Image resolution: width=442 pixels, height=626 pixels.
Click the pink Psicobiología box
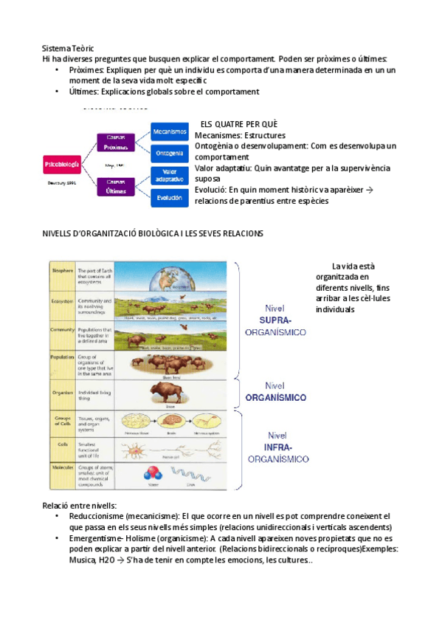tap(63, 165)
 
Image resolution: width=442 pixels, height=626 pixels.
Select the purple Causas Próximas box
tap(116, 141)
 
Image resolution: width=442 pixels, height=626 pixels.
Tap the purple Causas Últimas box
tap(116, 186)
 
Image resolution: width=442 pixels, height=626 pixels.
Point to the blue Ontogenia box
tap(170, 153)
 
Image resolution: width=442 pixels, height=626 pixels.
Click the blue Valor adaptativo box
tap(170, 176)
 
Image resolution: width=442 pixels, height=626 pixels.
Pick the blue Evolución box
tap(170, 197)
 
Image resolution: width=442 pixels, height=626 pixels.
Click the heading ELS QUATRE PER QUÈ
tap(239, 124)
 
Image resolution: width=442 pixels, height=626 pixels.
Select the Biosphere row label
tap(62, 271)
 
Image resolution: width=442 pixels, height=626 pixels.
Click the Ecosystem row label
tap(62, 301)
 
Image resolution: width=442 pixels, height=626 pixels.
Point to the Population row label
tap(62, 357)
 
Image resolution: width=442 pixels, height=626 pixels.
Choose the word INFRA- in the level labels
tap(277, 447)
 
